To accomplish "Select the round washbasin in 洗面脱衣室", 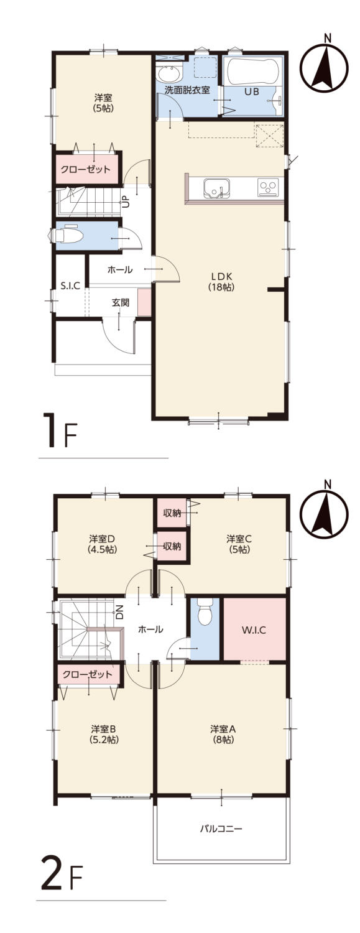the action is [169, 73].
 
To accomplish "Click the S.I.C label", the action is [70, 286].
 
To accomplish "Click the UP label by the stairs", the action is [125, 203].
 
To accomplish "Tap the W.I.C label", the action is [254, 629].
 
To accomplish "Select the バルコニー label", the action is [221, 829].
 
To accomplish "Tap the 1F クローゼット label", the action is [86, 170].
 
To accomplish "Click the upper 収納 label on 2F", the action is [172, 513].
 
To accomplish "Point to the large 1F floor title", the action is [61, 430].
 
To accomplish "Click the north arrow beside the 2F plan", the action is [325, 508].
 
